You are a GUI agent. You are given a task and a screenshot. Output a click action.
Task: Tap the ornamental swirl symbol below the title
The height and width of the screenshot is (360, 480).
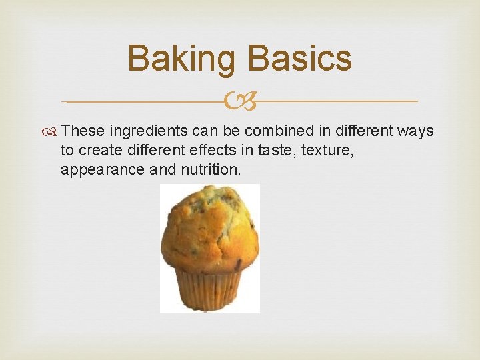pyautogui.click(x=239, y=102)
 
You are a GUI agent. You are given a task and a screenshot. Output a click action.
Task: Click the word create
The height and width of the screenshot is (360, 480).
pyautogui.click(x=100, y=151)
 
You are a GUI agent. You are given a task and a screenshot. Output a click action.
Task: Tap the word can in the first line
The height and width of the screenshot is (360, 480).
pyautogui.click(x=201, y=131)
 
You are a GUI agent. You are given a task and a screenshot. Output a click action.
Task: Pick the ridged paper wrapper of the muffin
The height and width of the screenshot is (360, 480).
pyautogui.click(x=209, y=289)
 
